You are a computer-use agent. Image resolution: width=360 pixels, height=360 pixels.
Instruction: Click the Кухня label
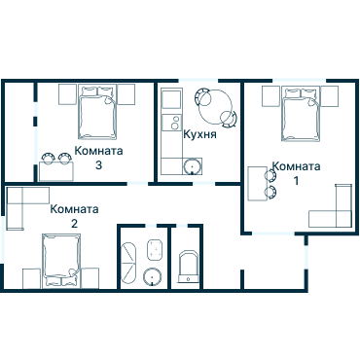pyautogui.click(x=199, y=134)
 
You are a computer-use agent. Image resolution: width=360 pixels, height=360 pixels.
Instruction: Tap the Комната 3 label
pyautogui.click(x=98, y=158)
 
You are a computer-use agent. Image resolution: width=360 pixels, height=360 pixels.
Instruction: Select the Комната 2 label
pyautogui.click(x=74, y=216)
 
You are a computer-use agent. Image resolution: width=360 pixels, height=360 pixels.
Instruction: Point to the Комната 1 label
pyautogui.click(x=296, y=173)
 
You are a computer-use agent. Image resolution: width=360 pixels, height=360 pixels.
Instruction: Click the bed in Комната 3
pyautogui.click(x=97, y=113)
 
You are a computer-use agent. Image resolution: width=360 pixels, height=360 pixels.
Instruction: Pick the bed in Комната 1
pyautogui.click(x=301, y=114)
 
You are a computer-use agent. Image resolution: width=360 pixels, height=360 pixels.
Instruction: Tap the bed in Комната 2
pyautogui.click(x=61, y=260)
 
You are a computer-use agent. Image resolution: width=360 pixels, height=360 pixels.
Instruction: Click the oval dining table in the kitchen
pyautogui.click(x=216, y=108)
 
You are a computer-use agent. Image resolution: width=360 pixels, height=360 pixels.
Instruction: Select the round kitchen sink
pyautogui.click(x=193, y=166)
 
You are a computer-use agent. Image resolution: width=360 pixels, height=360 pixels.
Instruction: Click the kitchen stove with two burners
pyautogui.click(x=171, y=123)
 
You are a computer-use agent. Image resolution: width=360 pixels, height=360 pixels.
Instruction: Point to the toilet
pyautogui.click(x=189, y=267)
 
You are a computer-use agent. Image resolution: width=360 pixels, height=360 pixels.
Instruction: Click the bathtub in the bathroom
pyautogui.click(x=128, y=265)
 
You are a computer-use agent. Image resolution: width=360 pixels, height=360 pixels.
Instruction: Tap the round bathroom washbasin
pyautogui.click(x=153, y=277)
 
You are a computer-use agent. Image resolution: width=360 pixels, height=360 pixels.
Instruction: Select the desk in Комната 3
pyautogui.click(x=56, y=171)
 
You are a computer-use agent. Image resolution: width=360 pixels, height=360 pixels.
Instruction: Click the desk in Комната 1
pyautogui.click(x=257, y=184)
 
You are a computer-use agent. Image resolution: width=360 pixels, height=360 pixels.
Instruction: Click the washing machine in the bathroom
pyautogui.click(x=155, y=249)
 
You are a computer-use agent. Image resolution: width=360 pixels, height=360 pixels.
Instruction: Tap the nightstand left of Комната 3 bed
pyautogui.click(x=67, y=94)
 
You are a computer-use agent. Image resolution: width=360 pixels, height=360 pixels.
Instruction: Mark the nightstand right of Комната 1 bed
pyautogui.click(x=330, y=96)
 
